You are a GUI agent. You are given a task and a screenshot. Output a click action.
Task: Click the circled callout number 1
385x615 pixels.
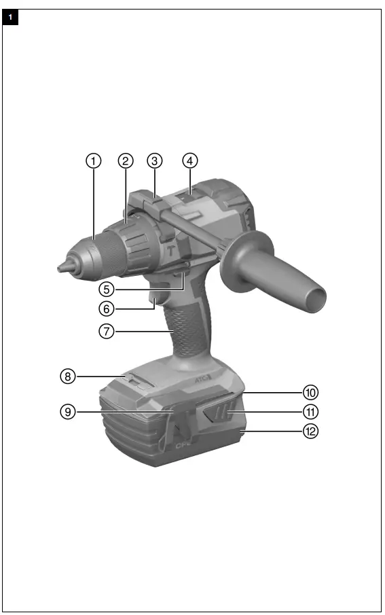[x=93, y=161]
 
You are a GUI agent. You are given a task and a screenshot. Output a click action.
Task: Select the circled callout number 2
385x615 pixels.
[x=125, y=161]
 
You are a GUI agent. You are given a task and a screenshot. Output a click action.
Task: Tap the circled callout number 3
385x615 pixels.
[x=155, y=161]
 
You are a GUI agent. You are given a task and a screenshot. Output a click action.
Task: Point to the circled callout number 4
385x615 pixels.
[x=190, y=161]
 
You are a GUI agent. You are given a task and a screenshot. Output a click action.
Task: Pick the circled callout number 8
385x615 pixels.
[x=67, y=375]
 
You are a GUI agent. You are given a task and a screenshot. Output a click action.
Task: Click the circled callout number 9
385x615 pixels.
[x=67, y=412]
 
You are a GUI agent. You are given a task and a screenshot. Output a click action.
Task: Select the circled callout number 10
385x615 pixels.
[x=310, y=392]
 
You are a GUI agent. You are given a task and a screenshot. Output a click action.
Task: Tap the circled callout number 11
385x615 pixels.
[x=310, y=412]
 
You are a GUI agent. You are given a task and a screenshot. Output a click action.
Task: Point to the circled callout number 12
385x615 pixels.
[x=310, y=431]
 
